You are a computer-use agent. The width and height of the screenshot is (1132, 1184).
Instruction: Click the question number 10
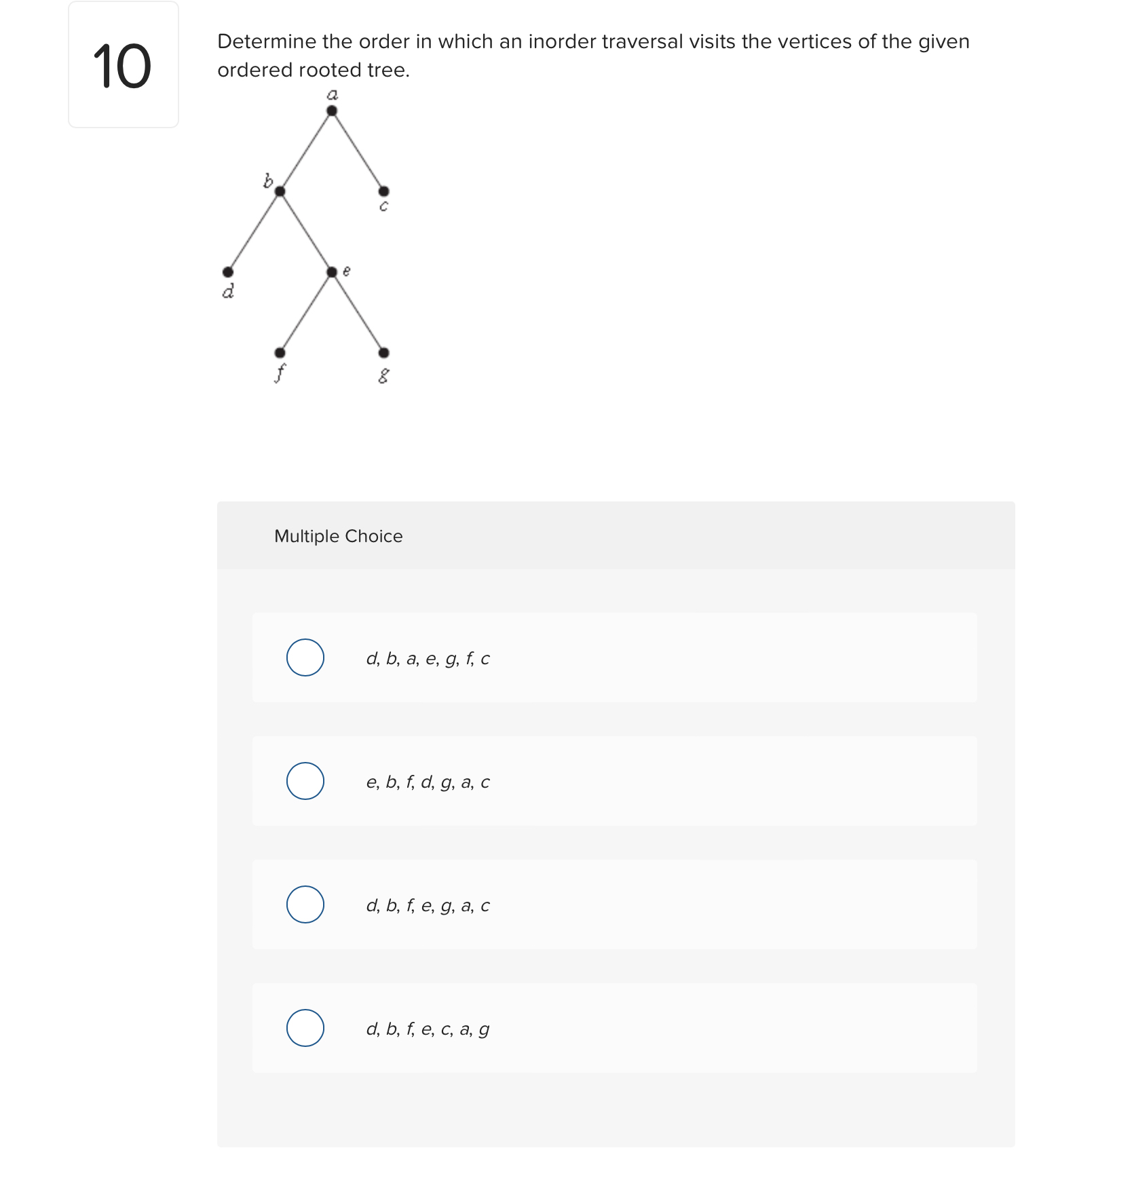pos(122,66)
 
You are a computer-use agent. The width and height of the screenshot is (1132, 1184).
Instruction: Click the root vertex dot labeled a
pos(332,111)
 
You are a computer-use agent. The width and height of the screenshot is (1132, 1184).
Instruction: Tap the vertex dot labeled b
pos(280,191)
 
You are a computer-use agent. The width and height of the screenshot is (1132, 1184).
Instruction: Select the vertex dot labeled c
pos(383,191)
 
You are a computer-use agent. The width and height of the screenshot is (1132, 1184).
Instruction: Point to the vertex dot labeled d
pos(228,272)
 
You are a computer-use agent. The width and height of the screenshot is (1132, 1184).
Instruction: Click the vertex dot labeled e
pos(332,272)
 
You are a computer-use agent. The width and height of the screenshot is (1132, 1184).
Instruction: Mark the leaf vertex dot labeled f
pos(280,353)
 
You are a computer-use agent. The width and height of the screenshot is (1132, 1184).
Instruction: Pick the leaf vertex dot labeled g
pos(383,353)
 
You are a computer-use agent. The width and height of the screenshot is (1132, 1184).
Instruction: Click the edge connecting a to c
pos(358,151)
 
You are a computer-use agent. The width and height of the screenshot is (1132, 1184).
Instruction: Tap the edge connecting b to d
pos(254,231)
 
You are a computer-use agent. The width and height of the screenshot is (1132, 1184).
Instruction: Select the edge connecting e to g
pos(358,312)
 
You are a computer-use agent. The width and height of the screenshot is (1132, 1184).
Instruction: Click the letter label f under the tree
pos(280,373)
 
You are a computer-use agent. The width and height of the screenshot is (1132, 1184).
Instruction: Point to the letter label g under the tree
pos(383,375)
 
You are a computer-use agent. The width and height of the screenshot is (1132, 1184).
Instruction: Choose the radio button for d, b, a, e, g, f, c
pos(305,657)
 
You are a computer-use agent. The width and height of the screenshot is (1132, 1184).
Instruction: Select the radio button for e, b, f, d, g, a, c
pos(305,781)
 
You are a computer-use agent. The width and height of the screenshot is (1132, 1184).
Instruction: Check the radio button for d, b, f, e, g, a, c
pos(305,904)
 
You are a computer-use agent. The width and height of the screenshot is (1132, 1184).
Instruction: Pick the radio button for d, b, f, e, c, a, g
pos(305,1028)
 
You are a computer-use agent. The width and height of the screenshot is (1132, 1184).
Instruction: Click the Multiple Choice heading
pos(338,536)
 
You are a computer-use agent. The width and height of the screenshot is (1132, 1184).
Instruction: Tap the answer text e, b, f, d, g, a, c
pos(428,782)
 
